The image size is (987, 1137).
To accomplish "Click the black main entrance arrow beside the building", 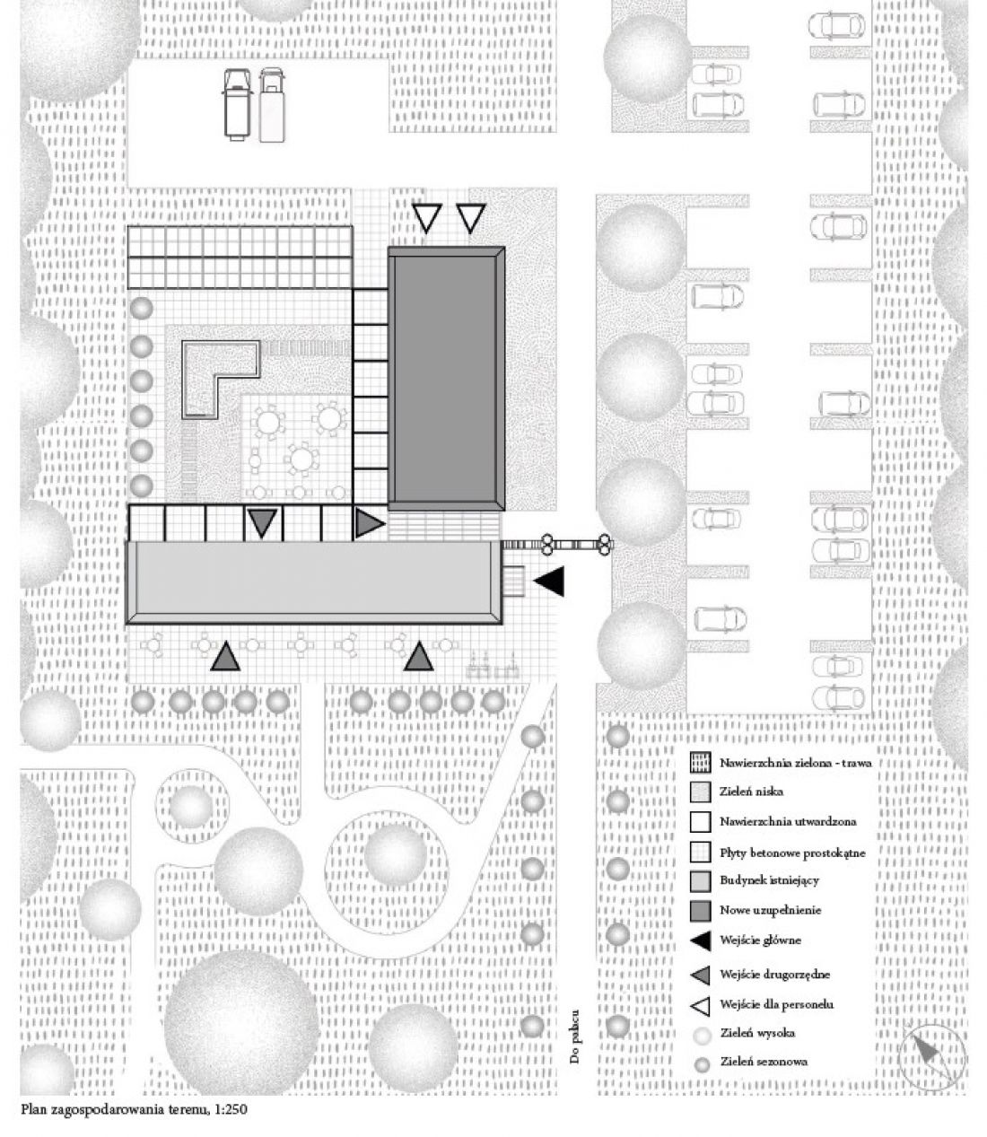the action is point(550,582).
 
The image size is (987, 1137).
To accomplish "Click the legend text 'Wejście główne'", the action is point(760,940).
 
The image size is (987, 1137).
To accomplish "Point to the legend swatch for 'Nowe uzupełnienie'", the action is point(701,910).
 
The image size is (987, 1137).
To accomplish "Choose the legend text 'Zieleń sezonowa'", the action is point(764,1061).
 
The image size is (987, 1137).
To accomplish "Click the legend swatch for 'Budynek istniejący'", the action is point(701,881).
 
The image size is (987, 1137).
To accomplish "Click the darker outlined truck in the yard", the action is point(237,104).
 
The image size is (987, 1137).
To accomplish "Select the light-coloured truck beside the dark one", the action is point(272,104).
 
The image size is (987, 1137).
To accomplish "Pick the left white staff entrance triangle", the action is point(427,218).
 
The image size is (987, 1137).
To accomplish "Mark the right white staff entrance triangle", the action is point(471,218).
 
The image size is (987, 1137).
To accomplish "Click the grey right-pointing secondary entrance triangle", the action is point(368,523).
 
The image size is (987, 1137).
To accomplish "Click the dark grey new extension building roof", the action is point(447,378).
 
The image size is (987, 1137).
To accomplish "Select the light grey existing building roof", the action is point(314,582).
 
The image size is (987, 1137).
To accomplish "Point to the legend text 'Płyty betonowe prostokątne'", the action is point(792,853).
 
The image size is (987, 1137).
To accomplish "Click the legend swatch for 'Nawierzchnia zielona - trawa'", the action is point(701,763).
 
